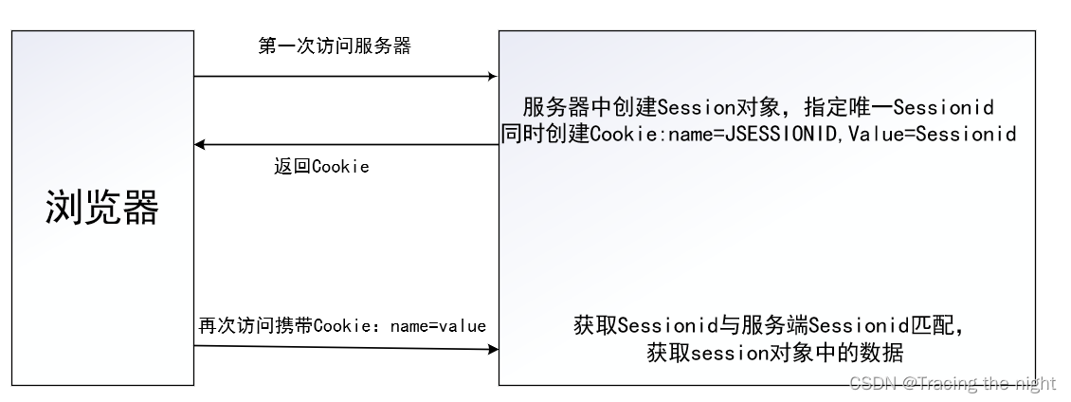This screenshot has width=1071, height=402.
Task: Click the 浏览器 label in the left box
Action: point(102,207)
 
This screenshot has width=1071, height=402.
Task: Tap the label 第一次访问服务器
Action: point(335,46)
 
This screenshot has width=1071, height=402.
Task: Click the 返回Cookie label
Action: point(321,166)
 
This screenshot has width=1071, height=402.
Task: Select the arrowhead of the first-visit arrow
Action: point(493,77)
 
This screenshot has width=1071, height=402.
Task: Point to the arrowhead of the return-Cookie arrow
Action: point(199,144)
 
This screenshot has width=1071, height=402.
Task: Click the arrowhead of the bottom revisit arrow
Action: point(493,349)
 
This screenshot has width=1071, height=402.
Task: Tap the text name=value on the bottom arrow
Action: point(438,326)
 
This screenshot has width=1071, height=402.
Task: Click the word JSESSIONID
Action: point(780,134)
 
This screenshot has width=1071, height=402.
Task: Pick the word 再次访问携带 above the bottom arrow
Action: point(256,325)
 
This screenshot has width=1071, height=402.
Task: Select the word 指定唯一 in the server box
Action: point(848,106)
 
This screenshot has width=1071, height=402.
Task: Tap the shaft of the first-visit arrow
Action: point(346,77)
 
